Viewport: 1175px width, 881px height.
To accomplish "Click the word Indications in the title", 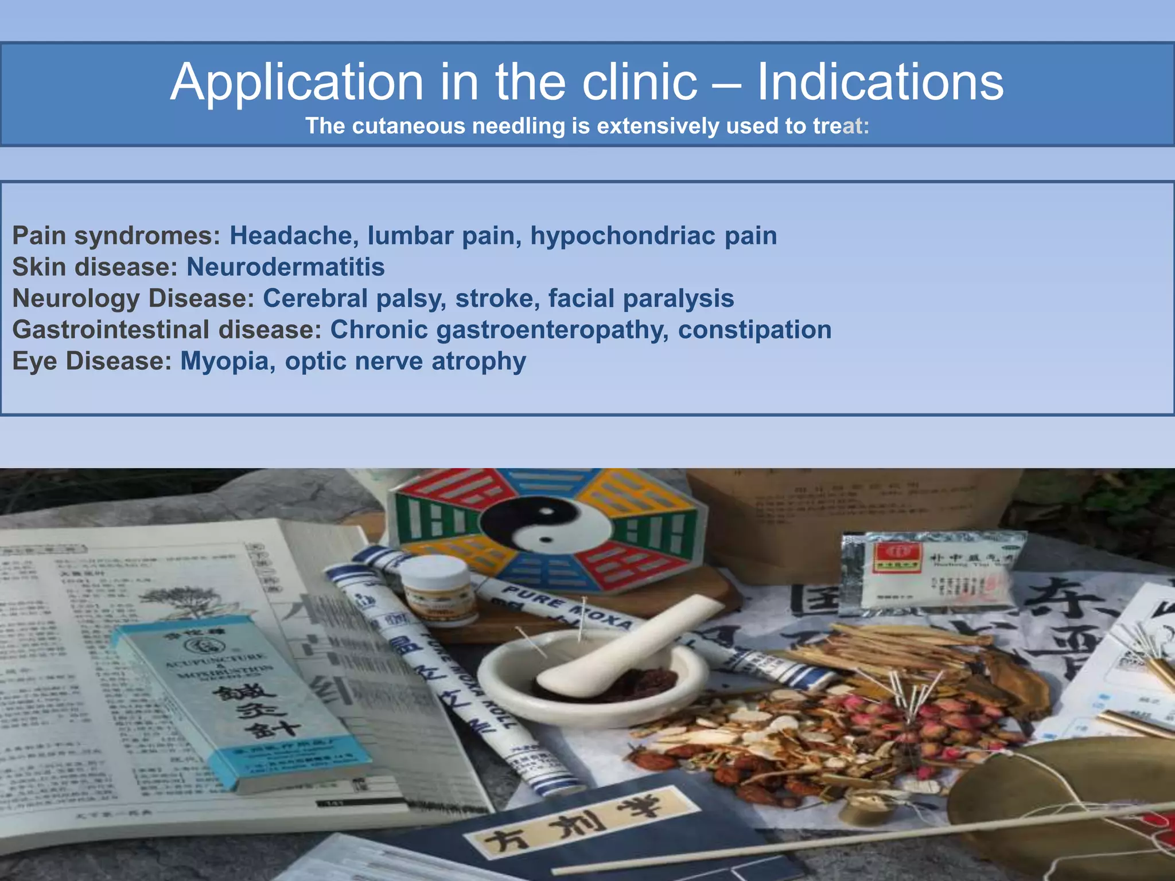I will tap(880, 82).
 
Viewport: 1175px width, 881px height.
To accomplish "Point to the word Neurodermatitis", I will tap(286, 267).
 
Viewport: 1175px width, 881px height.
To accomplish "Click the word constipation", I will tap(754, 330).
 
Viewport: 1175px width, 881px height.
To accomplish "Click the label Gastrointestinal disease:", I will tap(167, 330).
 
